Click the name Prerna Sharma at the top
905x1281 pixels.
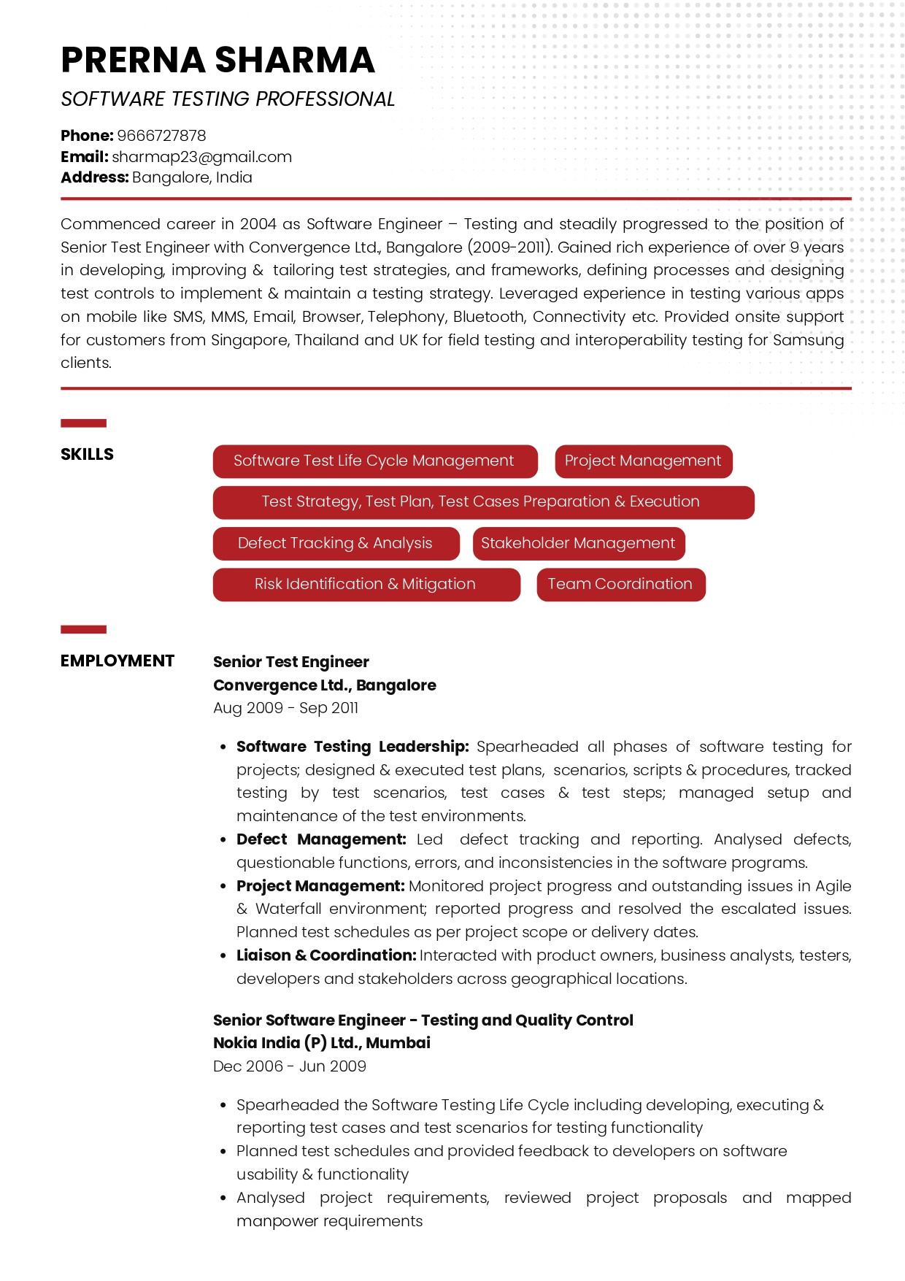point(217,60)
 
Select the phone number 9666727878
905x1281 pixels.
point(161,136)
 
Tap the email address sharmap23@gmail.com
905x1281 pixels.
point(201,157)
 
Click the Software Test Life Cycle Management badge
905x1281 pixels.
point(374,461)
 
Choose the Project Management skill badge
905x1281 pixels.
point(643,461)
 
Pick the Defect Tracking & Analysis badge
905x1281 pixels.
point(336,544)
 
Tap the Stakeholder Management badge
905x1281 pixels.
point(578,544)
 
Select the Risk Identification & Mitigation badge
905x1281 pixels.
point(366,585)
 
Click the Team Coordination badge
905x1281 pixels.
point(620,585)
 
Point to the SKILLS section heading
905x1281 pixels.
point(87,455)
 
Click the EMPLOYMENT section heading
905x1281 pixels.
point(117,661)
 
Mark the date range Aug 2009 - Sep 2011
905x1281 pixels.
point(285,708)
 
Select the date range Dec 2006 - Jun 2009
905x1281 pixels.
point(289,1066)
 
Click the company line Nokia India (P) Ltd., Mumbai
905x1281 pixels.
point(321,1043)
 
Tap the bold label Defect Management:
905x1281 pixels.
point(321,839)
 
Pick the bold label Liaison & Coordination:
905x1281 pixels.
point(326,955)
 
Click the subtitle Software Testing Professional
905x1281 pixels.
point(228,99)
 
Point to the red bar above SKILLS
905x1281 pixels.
point(83,423)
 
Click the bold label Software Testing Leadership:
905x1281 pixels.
point(353,747)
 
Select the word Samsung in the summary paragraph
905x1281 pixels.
point(809,340)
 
